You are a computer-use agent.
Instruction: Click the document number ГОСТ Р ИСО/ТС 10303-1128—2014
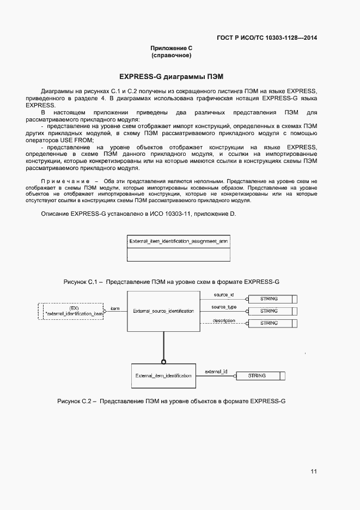point(267,38)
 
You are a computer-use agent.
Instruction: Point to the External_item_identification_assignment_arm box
point(178,248)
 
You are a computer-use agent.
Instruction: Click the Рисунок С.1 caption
point(172,282)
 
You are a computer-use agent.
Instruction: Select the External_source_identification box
point(163,311)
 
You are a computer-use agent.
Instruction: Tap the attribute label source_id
point(223,295)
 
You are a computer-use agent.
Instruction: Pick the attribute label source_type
point(224,307)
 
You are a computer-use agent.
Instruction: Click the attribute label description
point(224,320)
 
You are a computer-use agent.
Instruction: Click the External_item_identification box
point(163,375)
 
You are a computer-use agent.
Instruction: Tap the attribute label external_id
point(216,372)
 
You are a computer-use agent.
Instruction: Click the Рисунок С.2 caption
point(172,401)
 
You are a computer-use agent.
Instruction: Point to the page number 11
point(314,471)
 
